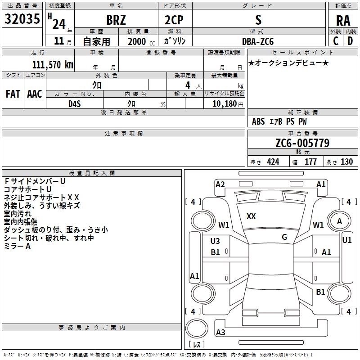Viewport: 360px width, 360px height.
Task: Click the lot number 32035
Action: [x=22, y=19]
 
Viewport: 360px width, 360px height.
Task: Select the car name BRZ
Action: [x=116, y=20]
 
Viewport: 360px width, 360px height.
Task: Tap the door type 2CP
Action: [x=174, y=20]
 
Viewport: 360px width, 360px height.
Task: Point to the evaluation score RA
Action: [x=343, y=21]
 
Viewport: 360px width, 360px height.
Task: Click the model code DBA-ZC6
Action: [x=258, y=41]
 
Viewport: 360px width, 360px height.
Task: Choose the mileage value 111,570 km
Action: [x=53, y=65]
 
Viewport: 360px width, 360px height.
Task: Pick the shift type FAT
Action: [x=13, y=94]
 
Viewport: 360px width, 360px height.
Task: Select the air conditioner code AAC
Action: [x=35, y=94]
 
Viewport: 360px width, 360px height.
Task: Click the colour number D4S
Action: [x=75, y=104]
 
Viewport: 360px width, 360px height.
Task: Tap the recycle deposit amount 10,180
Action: [x=225, y=104]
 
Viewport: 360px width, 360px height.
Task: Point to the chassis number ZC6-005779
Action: [x=302, y=143]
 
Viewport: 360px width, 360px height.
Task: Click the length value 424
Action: [x=273, y=162]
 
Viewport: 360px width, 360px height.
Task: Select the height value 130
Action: [x=346, y=162]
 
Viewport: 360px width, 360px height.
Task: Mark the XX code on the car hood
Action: [x=251, y=216]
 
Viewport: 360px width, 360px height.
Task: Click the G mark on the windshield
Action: [x=284, y=237]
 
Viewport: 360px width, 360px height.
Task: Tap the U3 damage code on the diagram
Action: [x=215, y=241]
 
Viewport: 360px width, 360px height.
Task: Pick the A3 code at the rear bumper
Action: [x=220, y=332]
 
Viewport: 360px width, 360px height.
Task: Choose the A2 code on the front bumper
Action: [x=220, y=184]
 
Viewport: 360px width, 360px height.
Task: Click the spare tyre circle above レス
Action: [x=197, y=328]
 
